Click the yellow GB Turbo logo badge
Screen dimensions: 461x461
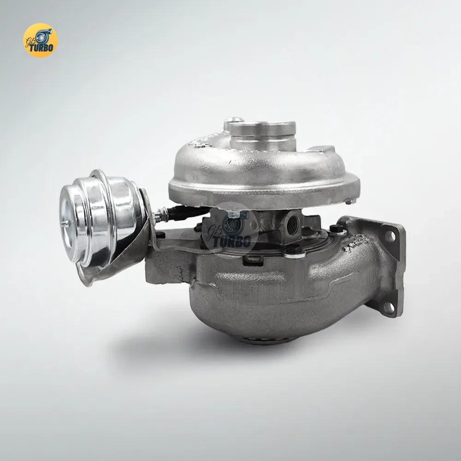click(x=40, y=40)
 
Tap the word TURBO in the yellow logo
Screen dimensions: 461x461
click(x=41, y=47)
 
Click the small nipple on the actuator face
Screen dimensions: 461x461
click(x=66, y=224)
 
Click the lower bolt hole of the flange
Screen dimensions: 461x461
click(x=388, y=307)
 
